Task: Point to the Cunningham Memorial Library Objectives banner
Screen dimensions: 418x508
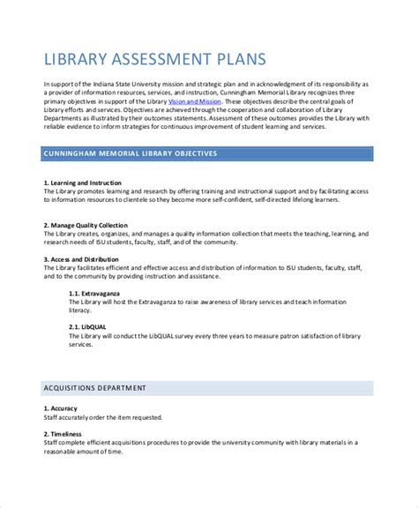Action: click(208, 153)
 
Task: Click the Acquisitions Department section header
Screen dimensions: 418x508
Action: click(208, 388)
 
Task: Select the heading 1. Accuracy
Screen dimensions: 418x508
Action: click(62, 408)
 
